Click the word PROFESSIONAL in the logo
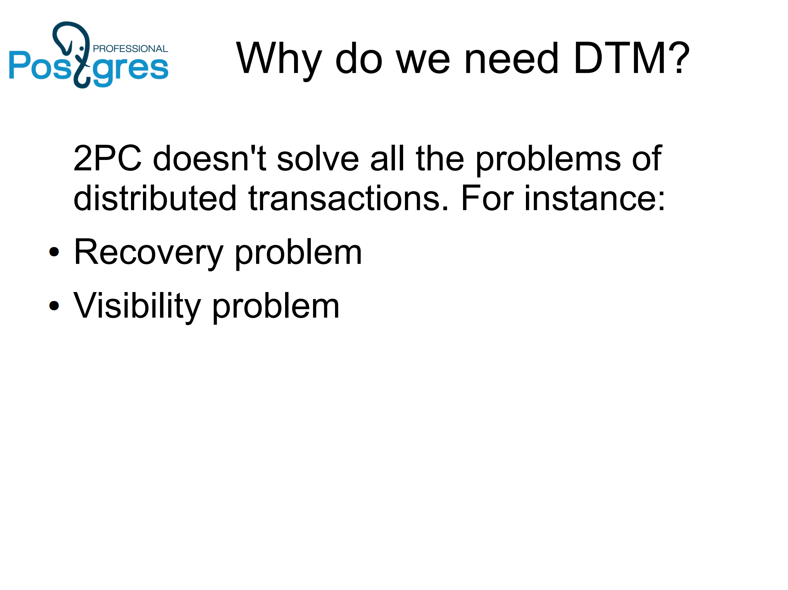[130, 49]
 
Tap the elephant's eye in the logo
[82, 49]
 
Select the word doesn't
[209, 158]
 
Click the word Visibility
[137, 306]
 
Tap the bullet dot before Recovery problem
[54, 252]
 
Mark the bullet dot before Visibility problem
[54, 305]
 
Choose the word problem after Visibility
[276, 306]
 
